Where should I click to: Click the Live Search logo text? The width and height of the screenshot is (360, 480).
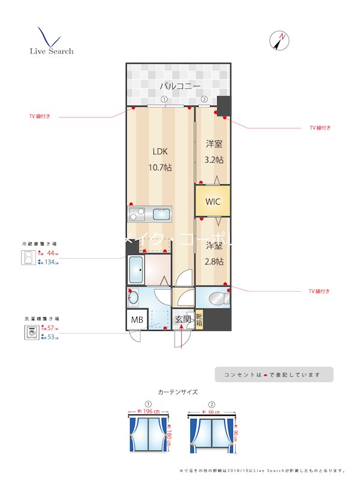point(52,51)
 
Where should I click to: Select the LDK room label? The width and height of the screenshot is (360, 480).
point(160,151)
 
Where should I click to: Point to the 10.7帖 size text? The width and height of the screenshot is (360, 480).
point(160,167)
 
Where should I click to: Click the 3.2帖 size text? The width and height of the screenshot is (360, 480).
point(214,160)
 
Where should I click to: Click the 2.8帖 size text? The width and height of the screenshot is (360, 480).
point(214,262)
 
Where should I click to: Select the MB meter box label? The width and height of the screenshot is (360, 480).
point(137,320)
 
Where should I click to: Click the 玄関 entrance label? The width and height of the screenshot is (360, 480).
point(183,320)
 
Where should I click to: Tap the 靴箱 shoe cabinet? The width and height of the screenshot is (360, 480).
point(199,319)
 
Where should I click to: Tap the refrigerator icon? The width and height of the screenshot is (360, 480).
point(28,258)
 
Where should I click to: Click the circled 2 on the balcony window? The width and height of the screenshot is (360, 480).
point(204,100)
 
